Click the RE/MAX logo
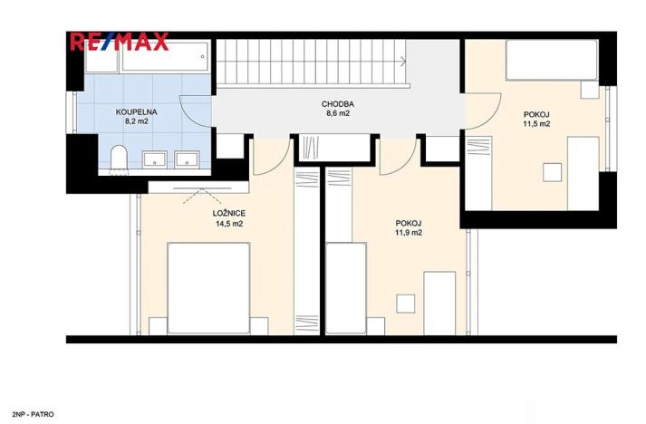[120, 42]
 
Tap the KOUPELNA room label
[137, 112]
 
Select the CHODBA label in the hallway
[338, 104]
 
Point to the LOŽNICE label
[229, 214]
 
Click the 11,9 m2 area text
[409, 233]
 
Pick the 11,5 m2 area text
[536, 123]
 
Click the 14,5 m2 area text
[229, 224]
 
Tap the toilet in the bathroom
[119, 157]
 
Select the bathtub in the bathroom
[167, 56]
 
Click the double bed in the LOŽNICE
[209, 288]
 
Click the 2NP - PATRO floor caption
[33, 415]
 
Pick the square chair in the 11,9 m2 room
[406, 304]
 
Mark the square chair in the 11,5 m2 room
[552, 172]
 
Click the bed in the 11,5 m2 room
[552, 60]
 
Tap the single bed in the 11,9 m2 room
[346, 288]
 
